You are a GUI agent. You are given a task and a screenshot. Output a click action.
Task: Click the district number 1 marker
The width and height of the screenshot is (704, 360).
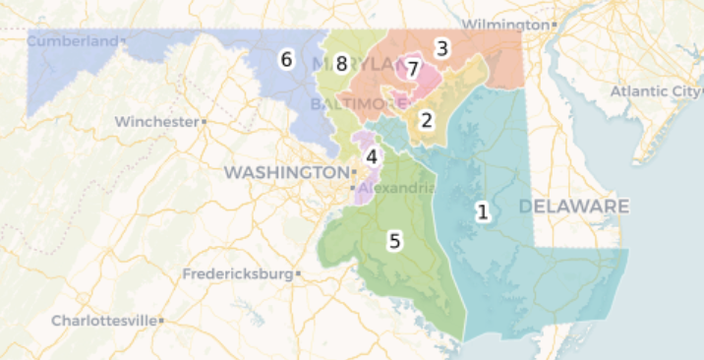click(483, 211)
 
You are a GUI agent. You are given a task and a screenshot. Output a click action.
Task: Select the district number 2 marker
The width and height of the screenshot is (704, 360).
click(427, 120)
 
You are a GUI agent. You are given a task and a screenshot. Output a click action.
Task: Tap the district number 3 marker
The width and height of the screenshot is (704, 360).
click(442, 47)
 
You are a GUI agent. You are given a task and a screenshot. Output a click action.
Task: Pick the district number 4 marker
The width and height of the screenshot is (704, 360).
click(372, 155)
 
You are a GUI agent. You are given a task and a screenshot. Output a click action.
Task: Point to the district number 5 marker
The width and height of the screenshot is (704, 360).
click(394, 240)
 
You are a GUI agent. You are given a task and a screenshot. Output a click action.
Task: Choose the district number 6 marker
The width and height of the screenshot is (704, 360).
click(286, 59)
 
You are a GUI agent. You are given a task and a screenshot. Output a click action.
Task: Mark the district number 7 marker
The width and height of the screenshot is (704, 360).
click(413, 69)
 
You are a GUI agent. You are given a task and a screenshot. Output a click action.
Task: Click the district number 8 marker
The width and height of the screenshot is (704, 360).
click(341, 64)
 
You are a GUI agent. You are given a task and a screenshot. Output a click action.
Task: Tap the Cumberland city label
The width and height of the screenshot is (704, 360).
click(70, 40)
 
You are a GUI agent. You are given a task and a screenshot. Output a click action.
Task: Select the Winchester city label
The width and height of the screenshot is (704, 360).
click(155, 122)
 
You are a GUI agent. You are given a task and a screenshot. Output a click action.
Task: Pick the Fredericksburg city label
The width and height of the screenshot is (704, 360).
click(238, 273)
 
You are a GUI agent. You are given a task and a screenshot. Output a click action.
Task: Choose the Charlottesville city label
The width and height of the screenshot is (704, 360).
click(103, 321)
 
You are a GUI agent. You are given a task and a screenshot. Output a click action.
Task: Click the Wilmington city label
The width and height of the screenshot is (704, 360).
click(504, 23)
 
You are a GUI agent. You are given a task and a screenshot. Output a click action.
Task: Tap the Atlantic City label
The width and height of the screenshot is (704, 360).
click(654, 91)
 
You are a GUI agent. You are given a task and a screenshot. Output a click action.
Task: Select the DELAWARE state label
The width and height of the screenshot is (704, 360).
click(574, 207)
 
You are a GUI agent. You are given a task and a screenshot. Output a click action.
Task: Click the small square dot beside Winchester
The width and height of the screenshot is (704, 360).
click(204, 122)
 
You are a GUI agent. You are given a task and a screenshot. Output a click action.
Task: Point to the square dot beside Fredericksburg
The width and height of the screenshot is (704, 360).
click(298, 274)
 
